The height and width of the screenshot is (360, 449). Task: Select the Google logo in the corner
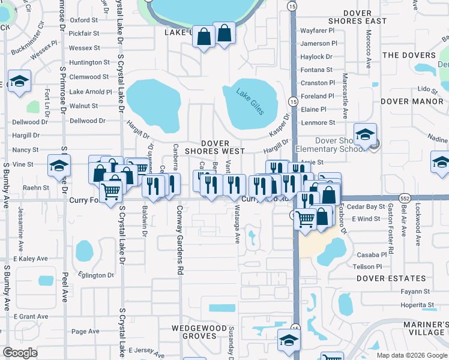click(x=20, y=353)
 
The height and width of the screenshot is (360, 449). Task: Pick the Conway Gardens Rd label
click(x=179, y=240)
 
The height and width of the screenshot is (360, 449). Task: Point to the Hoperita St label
click(x=417, y=305)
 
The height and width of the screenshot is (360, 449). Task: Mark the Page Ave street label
click(x=85, y=331)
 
